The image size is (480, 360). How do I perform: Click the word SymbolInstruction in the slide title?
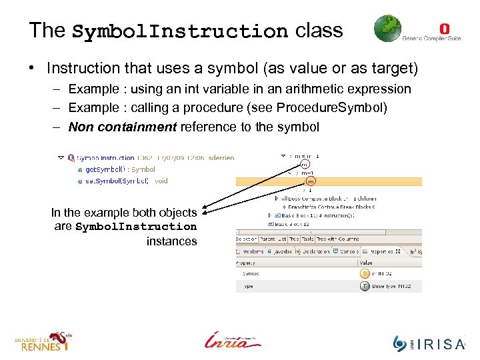tap(179, 31)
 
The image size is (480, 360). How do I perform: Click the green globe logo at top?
tap(387, 29)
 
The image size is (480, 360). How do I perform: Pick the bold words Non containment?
tap(123, 127)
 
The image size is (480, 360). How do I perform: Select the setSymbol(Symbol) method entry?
tap(120, 181)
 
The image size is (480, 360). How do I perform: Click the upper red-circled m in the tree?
tap(304, 164)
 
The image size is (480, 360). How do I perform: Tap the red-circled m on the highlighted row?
tap(310, 181)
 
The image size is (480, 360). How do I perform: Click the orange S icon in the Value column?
tap(365, 273)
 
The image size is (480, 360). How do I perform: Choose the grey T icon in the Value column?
tap(365, 285)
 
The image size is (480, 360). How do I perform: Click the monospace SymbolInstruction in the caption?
tap(137, 227)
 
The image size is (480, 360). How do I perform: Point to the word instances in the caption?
tap(171, 241)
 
